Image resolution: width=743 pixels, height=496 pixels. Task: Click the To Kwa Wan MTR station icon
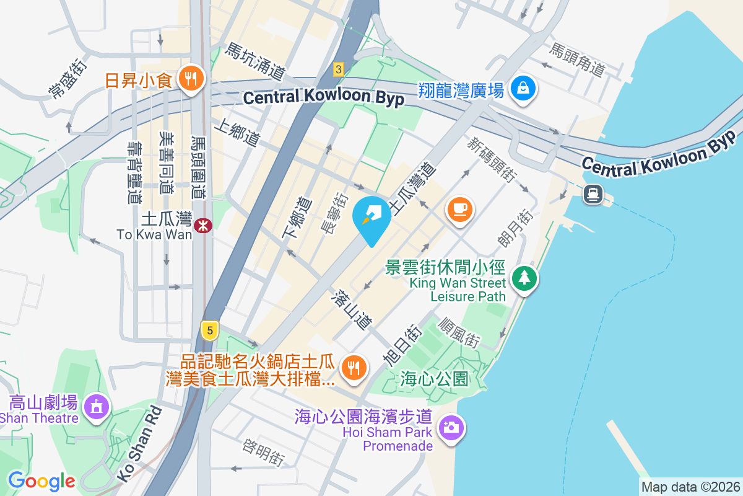[x=202, y=226]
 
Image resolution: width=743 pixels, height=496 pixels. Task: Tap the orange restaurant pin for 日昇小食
[x=191, y=79]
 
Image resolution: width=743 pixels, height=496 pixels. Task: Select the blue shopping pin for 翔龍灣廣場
[x=524, y=87]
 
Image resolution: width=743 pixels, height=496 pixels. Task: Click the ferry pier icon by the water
[x=593, y=194]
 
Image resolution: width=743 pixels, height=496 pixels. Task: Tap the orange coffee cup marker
[x=459, y=209]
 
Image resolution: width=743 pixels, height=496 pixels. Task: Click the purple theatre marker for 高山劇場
[x=98, y=407]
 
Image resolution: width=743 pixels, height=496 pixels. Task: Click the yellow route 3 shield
[x=338, y=69]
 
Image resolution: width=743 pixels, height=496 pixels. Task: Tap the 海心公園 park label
[x=434, y=378]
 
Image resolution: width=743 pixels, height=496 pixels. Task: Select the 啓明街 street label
[x=264, y=453]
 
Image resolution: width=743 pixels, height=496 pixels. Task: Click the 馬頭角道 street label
[x=577, y=60]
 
